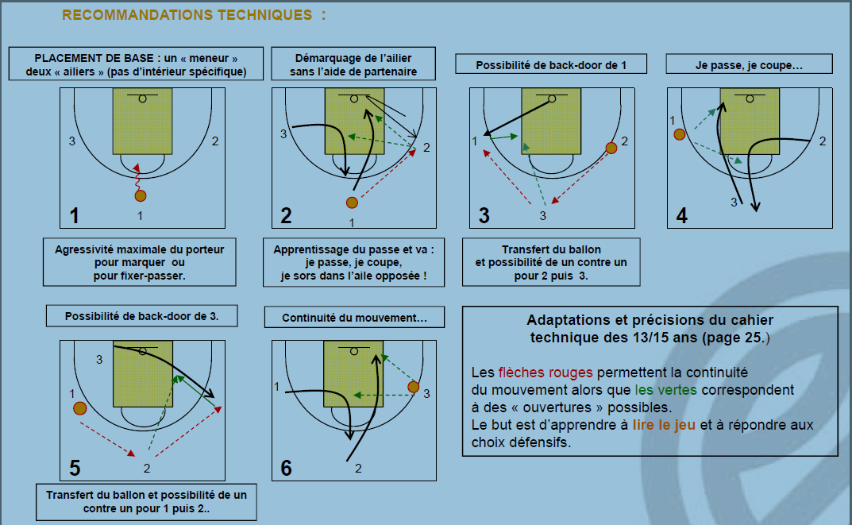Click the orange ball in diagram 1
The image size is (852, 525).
pos(141,195)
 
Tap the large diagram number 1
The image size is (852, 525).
pos(74,215)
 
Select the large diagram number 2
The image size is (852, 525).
pos(287,215)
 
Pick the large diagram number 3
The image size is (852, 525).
pos(484,215)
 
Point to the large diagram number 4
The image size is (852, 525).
pos(681,215)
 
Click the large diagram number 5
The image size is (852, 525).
pos(75,468)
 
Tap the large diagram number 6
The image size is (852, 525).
pos(287,468)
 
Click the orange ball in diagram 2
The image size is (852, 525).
pos(353,203)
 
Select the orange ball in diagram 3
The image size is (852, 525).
pos(611,148)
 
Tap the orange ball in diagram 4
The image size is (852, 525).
pos(680,134)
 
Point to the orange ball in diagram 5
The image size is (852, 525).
pos(79,409)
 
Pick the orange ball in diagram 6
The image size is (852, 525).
pos(413,387)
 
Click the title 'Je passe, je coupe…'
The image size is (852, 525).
pos(749,64)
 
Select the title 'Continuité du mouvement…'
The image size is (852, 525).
pos(354,318)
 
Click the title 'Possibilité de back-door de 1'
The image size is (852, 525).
pos(550,64)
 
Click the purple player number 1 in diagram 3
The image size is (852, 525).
pos(475,141)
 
